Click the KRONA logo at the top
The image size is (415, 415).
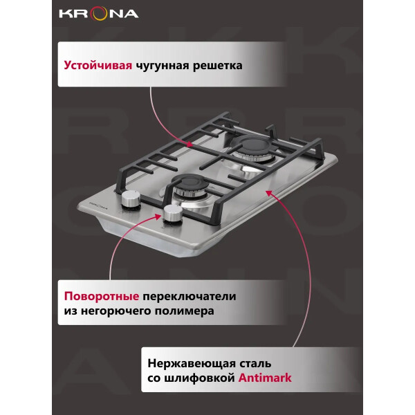pyautogui.click(x=99, y=14)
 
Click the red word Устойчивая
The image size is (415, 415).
pyautogui.click(x=98, y=65)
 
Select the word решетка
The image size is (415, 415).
pyautogui.click(x=218, y=66)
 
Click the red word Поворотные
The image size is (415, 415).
pyautogui.click(x=102, y=297)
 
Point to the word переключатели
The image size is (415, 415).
pyautogui.click(x=190, y=297)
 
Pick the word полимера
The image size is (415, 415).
pyautogui.click(x=185, y=311)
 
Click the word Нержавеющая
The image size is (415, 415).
pyautogui.click(x=192, y=364)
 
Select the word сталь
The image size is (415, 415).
pyautogui.click(x=255, y=364)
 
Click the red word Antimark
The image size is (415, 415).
pyautogui.click(x=265, y=378)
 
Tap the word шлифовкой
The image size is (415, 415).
pyautogui.click(x=199, y=378)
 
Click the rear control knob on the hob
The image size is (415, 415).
pyautogui.click(x=131, y=201)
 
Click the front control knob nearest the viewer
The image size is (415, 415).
pyautogui.click(x=173, y=214)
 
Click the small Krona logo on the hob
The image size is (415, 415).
pyautogui.click(x=98, y=205)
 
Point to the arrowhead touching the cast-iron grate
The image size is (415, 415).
pyautogui.click(x=190, y=145)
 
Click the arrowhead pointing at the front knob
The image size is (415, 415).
pyautogui.click(x=158, y=216)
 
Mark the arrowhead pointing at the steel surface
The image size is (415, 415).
pyautogui.click(x=269, y=193)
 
